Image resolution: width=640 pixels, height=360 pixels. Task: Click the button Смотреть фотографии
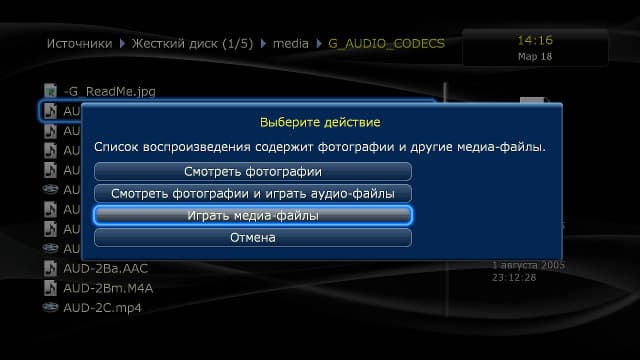click(x=252, y=171)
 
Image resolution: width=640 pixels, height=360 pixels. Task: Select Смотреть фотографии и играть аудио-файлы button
click(x=252, y=193)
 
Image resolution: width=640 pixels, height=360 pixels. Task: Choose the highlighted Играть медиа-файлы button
click(x=252, y=215)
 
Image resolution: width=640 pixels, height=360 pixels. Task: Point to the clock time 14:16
click(x=535, y=40)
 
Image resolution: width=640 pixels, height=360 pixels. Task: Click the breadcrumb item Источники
click(x=79, y=44)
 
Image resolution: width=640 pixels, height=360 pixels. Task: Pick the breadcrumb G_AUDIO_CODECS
click(x=386, y=44)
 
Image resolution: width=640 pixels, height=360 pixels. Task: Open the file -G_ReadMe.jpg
click(x=109, y=91)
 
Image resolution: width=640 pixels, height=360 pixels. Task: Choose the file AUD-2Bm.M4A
click(x=108, y=288)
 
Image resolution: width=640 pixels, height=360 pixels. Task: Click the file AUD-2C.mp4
click(x=102, y=307)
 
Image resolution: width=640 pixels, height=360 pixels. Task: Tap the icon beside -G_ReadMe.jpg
click(x=51, y=91)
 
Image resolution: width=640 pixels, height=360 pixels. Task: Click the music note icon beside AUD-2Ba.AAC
click(x=51, y=268)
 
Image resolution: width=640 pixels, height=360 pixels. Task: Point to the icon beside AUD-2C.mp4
click(x=51, y=307)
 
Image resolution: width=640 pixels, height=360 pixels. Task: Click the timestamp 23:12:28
click(x=515, y=277)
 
